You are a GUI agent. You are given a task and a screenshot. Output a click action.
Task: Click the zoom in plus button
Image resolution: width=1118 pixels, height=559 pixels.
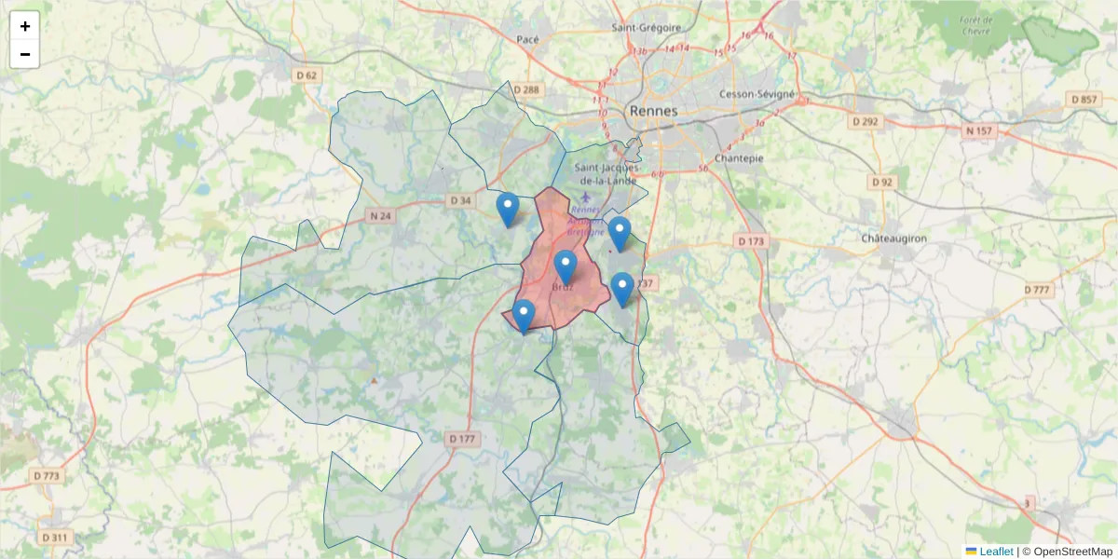coord(25,26)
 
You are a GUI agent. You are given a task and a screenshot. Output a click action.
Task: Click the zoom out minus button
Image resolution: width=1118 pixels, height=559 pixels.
coord(25,54)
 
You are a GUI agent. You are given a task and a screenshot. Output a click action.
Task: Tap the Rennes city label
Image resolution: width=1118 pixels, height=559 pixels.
coord(654,111)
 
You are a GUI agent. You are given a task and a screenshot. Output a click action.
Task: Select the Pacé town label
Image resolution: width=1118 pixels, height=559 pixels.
coord(528,39)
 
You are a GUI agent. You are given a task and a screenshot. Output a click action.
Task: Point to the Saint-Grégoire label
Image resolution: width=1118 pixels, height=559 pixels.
coord(647,28)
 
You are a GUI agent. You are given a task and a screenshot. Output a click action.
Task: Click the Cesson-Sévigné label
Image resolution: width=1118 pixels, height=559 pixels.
coord(757,94)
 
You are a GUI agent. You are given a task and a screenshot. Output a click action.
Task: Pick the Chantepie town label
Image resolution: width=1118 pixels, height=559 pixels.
coord(739,158)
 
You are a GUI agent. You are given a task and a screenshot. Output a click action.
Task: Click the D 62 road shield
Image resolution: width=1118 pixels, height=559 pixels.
coord(306,75)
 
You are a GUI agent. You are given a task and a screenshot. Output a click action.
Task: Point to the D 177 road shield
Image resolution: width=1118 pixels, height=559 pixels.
coord(462,438)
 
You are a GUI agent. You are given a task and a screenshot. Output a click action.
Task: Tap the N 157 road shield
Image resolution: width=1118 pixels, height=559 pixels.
coord(979,131)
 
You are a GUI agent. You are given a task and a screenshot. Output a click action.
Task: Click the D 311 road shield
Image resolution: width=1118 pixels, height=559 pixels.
coord(55,538)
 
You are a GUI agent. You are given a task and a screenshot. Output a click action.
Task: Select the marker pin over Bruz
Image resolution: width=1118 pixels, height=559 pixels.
coord(566,266)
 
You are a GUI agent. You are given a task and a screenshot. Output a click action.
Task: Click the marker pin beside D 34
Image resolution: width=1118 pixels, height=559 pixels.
coord(508,209)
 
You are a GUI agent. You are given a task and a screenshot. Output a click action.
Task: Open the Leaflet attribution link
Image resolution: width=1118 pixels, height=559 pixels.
coord(995,552)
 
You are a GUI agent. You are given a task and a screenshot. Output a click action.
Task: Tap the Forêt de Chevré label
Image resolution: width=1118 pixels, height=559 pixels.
coord(975,25)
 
